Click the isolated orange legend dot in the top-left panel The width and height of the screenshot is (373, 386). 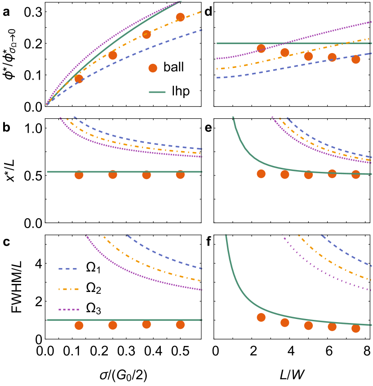(x=153, y=68)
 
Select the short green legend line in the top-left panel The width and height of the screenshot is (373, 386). (x=157, y=92)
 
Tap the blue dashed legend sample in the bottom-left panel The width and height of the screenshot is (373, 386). (x=68, y=269)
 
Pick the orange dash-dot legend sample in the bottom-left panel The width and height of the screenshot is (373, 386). (x=68, y=289)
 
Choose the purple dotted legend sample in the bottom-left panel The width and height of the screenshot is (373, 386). (x=68, y=310)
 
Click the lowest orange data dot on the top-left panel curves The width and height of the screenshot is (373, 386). (x=79, y=79)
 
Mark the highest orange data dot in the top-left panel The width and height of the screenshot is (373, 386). (x=180, y=17)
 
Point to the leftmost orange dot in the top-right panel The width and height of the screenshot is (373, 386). (x=261, y=49)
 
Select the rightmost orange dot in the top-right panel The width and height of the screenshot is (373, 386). (x=356, y=59)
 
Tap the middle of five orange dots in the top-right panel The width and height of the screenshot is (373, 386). (x=308, y=56)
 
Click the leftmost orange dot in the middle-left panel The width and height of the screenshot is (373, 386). (x=79, y=175)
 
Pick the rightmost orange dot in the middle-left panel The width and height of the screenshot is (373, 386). (x=180, y=174)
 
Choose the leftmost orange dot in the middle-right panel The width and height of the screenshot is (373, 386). (x=261, y=174)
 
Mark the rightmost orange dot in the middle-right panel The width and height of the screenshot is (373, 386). (x=356, y=174)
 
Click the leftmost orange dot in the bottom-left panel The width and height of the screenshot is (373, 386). (x=79, y=325)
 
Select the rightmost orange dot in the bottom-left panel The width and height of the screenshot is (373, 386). (x=180, y=324)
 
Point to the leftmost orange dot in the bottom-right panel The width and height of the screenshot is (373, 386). (x=261, y=317)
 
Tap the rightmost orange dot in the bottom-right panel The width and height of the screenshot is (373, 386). (x=356, y=328)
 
